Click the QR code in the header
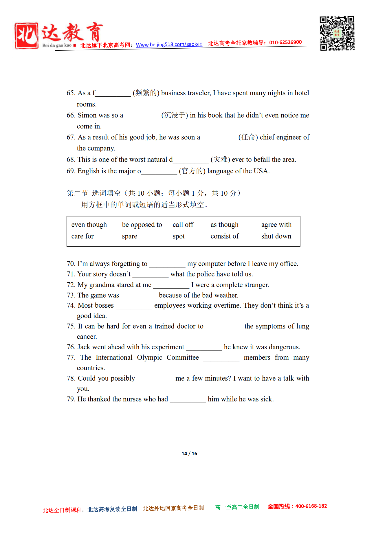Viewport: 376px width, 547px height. pyautogui.click(x=337, y=33)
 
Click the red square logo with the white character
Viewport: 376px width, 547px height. pyautogui.click(x=26, y=36)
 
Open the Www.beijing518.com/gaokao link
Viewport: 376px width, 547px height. pyautogui.click(x=169, y=44)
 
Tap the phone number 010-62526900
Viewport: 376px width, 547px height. pyautogui.click(x=285, y=42)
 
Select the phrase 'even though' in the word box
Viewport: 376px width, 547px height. pyautogui.click(x=89, y=225)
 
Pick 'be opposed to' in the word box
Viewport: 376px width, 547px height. pyautogui.click(x=142, y=225)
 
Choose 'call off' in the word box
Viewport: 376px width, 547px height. pyautogui.click(x=183, y=225)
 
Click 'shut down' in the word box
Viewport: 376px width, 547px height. pyautogui.click(x=276, y=236)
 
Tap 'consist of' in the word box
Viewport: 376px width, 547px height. pyautogui.click(x=225, y=236)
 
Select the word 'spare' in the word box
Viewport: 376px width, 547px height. pyautogui.click(x=129, y=236)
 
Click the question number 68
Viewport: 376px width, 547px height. pyautogui.click(x=71, y=159)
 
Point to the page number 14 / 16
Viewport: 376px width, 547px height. pyautogui.click(x=189, y=454)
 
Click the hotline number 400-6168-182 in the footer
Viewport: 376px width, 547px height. pyautogui.click(x=311, y=506)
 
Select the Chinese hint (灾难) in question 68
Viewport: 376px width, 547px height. pyautogui.click(x=220, y=159)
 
